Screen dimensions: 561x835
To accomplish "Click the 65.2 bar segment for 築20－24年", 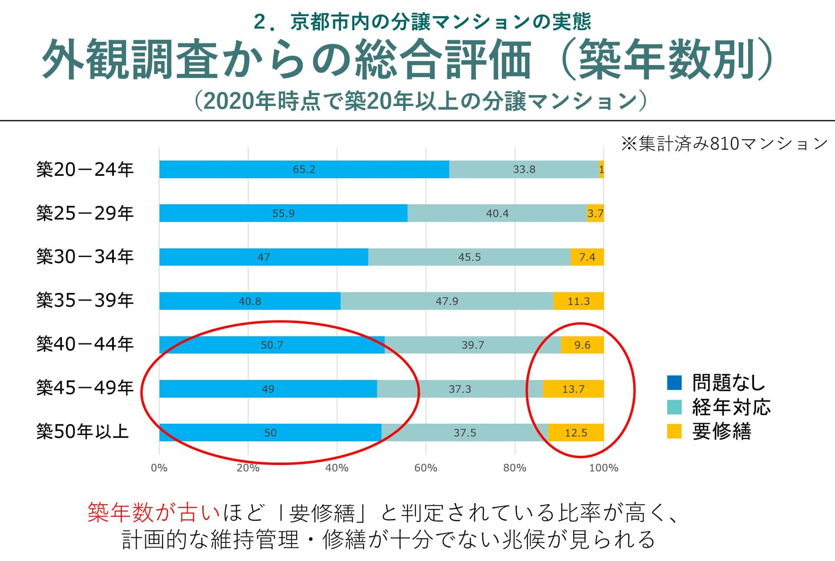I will click(x=304, y=169).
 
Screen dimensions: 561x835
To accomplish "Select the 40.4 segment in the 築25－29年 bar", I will click(x=497, y=213).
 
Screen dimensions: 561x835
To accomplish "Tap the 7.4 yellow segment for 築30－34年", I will click(x=587, y=257).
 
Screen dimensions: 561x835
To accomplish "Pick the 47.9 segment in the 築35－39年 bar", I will click(x=447, y=301).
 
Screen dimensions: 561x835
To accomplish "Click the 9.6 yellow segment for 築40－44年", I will click(x=582, y=345).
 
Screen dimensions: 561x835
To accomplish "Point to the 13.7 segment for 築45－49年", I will click(x=573, y=389).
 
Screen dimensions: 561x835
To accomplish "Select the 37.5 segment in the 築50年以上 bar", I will click(x=464, y=433).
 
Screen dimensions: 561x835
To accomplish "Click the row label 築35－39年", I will click(x=85, y=300).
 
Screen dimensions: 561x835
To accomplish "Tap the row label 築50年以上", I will click(x=83, y=432).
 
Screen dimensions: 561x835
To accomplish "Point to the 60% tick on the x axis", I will click(x=426, y=468).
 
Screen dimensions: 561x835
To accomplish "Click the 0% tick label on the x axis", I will click(x=159, y=468).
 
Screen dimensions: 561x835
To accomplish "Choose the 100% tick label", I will click(x=604, y=468).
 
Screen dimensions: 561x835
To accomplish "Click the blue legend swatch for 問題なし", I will click(x=674, y=383).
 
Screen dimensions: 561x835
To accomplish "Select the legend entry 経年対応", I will click(x=731, y=407).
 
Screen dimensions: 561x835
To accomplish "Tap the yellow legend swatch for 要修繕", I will click(x=674, y=431).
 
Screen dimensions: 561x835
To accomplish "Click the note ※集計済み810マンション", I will click(x=724, y=143).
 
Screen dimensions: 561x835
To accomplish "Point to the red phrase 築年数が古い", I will click(x=154, y=513).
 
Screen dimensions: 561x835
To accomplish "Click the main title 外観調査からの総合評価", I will click(x=287, y=60).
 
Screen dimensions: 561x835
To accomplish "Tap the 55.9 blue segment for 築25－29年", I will click(x=283, y=213).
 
